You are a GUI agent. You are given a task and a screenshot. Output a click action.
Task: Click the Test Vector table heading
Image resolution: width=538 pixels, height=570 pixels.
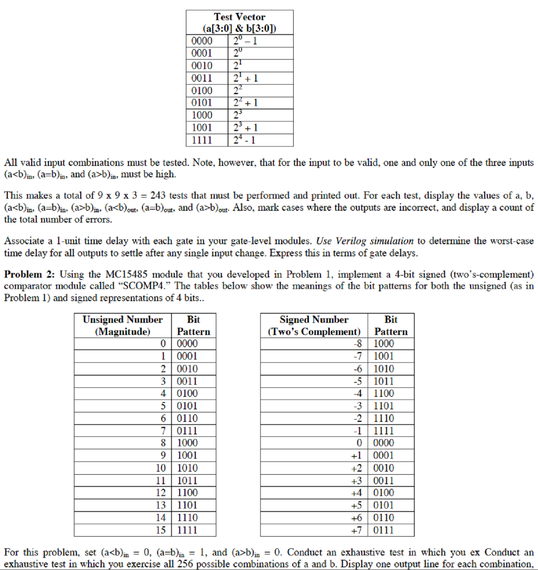239,23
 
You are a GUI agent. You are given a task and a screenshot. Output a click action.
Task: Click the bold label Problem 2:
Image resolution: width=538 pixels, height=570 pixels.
29,274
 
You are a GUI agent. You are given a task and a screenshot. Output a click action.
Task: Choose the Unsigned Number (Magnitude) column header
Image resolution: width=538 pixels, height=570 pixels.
122,326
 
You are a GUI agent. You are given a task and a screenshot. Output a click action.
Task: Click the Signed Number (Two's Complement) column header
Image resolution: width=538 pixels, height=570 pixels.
314,326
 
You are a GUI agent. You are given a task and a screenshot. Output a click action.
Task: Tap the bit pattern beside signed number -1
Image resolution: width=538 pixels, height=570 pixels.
384,430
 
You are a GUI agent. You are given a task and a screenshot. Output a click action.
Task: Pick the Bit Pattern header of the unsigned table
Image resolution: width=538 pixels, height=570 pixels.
193,326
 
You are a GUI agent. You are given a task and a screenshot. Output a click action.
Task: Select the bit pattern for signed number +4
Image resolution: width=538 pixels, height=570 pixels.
384,493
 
